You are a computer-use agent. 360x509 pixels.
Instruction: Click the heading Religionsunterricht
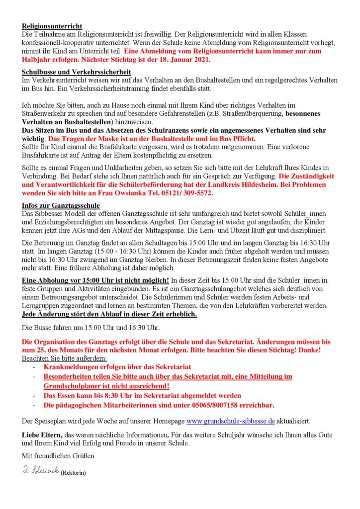[x=52, y=26]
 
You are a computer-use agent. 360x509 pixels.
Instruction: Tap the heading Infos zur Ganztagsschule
[x=61, y=205]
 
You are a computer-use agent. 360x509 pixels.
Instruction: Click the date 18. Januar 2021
[x=186, y=60]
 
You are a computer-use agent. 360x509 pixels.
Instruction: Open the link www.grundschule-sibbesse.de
[x=230, y=421]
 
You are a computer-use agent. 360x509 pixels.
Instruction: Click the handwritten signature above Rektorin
[x=40, y=470]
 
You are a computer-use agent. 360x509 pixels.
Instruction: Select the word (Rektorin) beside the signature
[x=73, y=473]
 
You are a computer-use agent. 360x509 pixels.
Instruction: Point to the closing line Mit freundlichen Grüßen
[x=58, y=455]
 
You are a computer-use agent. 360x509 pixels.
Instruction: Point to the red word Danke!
[x=308, y=350]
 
